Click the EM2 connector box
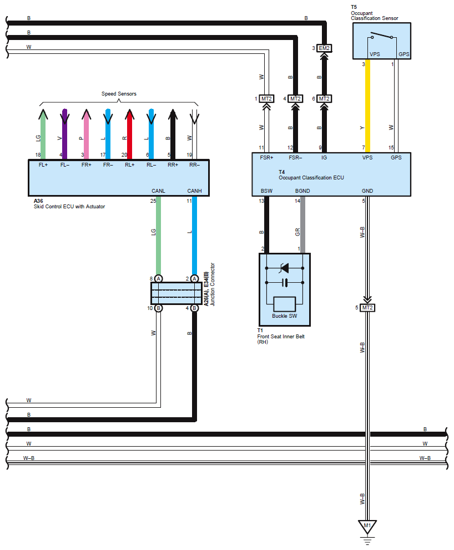coord(324,48)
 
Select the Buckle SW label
coord(285,316)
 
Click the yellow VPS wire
coord(367,106)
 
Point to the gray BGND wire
coord(302,224)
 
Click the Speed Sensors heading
coord(119,94)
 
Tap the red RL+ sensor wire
coord(130,134)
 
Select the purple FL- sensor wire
coord(65,134)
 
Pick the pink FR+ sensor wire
coord(87,134)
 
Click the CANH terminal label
coord(194,191)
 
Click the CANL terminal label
coord(158,191)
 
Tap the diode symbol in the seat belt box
coord(285,268)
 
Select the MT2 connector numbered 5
coord(367,308)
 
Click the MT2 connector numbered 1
coord(266,99)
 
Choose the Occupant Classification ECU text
coord(311,178)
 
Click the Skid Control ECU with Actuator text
coord(69,207)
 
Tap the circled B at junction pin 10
coord(158,308)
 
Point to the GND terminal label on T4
coord(367,191)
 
